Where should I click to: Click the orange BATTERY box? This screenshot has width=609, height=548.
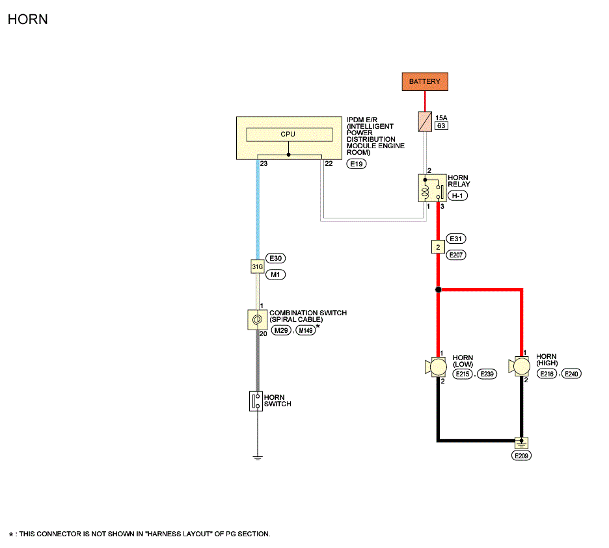tap(425, 81)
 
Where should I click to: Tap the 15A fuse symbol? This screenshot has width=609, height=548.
tap(425, 122)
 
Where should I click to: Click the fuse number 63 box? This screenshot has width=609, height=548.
tap(441, 125)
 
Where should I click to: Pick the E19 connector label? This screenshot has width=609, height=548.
tap(356, 164)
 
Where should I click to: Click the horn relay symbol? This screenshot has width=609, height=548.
tap(432, 189)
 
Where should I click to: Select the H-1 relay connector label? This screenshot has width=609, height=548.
tap(457, 196)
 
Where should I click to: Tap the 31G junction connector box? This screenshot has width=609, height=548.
tap(258, 267)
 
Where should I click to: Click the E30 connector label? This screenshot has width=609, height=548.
tap(275, 259)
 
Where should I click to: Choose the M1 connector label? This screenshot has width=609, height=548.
tap(275, 275)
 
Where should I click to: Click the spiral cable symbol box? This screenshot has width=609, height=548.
tap(257, 320)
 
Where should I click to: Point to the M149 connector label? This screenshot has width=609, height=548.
tap(306, 330)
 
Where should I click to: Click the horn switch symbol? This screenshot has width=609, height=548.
tap(256, 401)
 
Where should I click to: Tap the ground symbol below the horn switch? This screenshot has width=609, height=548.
tap(258, 458)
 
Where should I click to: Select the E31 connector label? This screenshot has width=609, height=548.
tap(456, 239)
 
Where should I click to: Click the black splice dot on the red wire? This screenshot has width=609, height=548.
tap(438, 289)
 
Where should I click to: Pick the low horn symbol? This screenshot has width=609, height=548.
tap(436, 367)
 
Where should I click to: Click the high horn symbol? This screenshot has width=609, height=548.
tap(519, 366)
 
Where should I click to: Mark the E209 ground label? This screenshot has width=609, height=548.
tap(521, 456)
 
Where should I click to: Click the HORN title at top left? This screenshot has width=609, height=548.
tap(27, 20)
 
